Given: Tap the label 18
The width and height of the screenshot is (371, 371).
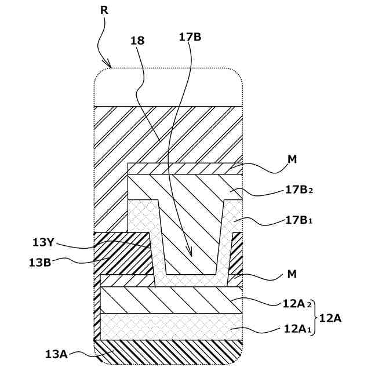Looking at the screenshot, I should point(138,41).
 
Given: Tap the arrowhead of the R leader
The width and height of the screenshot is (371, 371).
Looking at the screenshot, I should point(109,66).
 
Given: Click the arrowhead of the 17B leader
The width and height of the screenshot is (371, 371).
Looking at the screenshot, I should point(190,254).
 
